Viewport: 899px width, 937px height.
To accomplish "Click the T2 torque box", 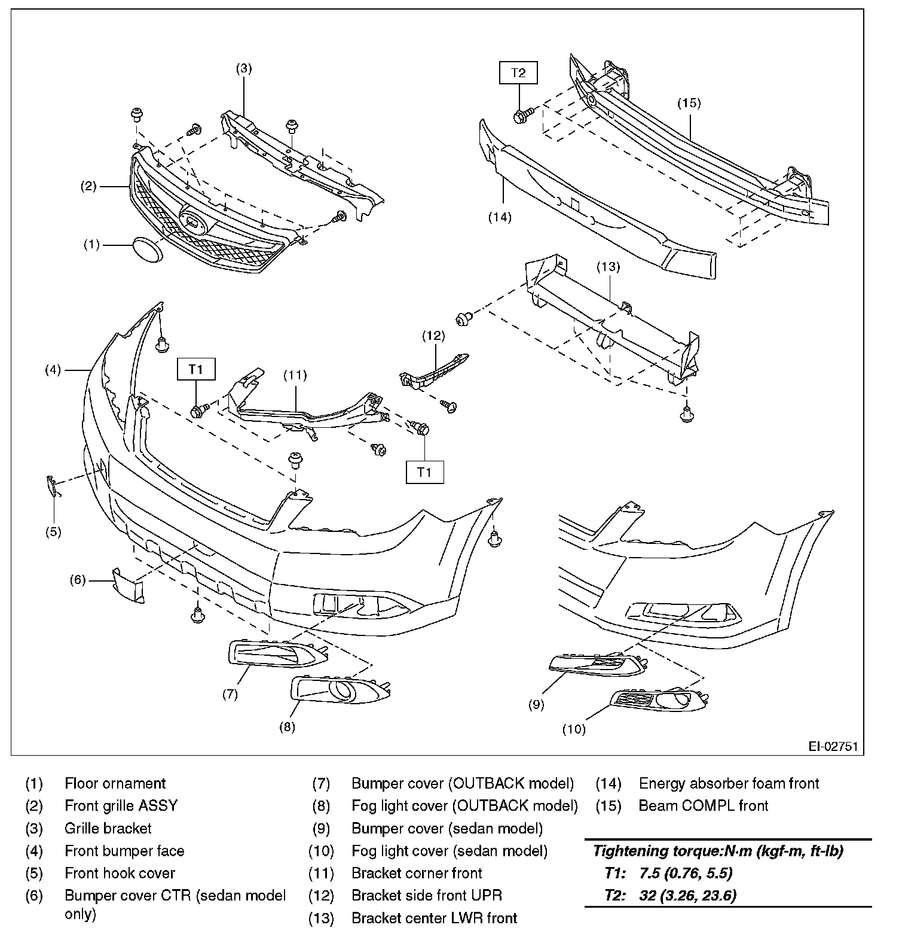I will point(518,73).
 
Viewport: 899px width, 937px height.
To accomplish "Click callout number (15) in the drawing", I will point(689,103).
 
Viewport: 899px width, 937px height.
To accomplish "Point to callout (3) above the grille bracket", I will point(243,68).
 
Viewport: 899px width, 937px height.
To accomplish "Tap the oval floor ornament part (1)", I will point(148,249).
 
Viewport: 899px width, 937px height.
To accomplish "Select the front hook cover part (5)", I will point(53,485).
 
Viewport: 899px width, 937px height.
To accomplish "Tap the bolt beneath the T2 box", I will point(521,114).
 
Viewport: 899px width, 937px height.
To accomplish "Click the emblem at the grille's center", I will point(194,222).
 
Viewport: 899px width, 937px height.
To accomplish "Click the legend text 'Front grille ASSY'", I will point(121,805).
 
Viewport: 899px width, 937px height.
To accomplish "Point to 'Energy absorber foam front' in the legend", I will point(729,783).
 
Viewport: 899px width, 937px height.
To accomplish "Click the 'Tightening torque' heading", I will point(717,851).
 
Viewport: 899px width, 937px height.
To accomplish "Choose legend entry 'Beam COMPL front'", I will point(703,805).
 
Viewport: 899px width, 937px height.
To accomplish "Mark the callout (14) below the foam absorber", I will point(500,217).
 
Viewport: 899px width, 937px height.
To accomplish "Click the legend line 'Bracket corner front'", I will point(416,873).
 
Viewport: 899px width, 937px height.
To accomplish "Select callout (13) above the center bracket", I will point(608,267).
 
